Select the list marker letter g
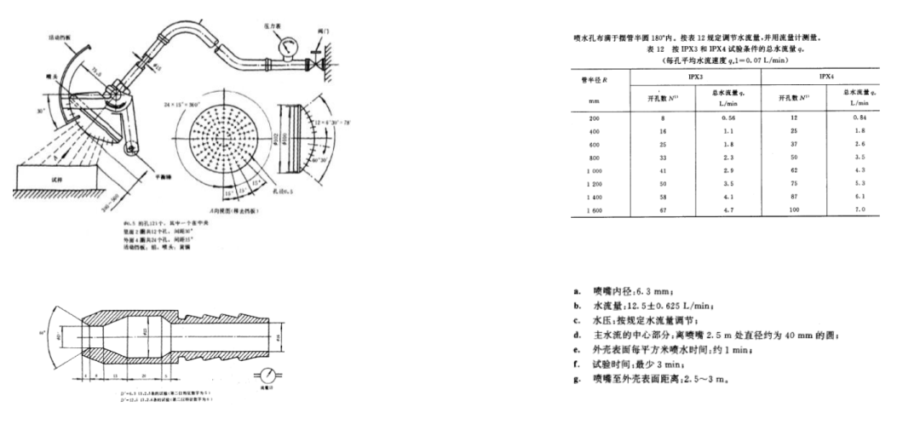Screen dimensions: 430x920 click(x=578, y=377)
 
